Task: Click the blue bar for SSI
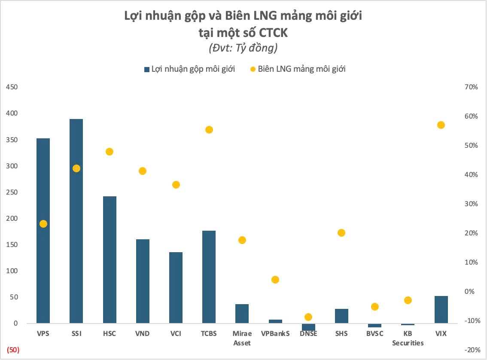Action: click(x=76, y=221)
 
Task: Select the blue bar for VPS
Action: click(x=43, y=231)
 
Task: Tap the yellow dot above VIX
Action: click(x=441, y=125)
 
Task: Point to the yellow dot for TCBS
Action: click(x=209, y=130)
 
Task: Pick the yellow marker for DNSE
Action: click(x=308, y=317)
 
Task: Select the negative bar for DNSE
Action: click(x=308, y=327)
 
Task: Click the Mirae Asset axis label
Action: click(x=242, y=338)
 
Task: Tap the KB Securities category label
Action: click(x=408, y=338)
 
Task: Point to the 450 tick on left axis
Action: click(x=11, y=87)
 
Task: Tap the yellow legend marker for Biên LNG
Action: click(x=253, y=69)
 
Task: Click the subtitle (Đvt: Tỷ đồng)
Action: click(x=243, y=48)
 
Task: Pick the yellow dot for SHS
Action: click(x=341, y=233)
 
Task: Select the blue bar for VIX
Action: click(x=441, y=309)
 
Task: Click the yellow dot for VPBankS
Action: click(x=275, y=280)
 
